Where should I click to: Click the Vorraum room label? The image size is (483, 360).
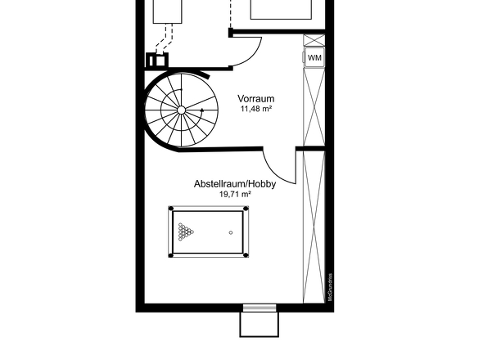(255, 98)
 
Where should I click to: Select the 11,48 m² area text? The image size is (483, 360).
(256, 109)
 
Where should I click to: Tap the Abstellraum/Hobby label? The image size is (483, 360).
(235, 184)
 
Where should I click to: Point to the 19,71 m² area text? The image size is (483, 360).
(235, 194)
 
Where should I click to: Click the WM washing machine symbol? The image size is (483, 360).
(314, 57)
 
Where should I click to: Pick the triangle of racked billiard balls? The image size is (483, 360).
(186, 232)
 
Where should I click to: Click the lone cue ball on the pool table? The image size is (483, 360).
(231, 232)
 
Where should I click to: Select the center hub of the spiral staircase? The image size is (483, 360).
(182, 110)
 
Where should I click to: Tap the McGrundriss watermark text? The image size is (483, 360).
(330, 287)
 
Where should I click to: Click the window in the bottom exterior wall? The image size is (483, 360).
(260, 308)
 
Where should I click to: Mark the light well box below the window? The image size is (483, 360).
(260, 324)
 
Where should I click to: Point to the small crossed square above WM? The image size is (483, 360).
(314, 40)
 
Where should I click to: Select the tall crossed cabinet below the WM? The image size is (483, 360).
(314, 106)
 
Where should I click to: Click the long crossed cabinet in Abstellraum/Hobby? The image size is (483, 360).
(314, 227)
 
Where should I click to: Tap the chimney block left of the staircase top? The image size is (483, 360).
(157, 60)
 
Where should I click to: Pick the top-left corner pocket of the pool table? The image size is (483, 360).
(172, 209)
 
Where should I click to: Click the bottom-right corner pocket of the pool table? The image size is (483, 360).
(246, 255)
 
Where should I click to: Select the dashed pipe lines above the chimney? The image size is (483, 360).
(165, 38)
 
